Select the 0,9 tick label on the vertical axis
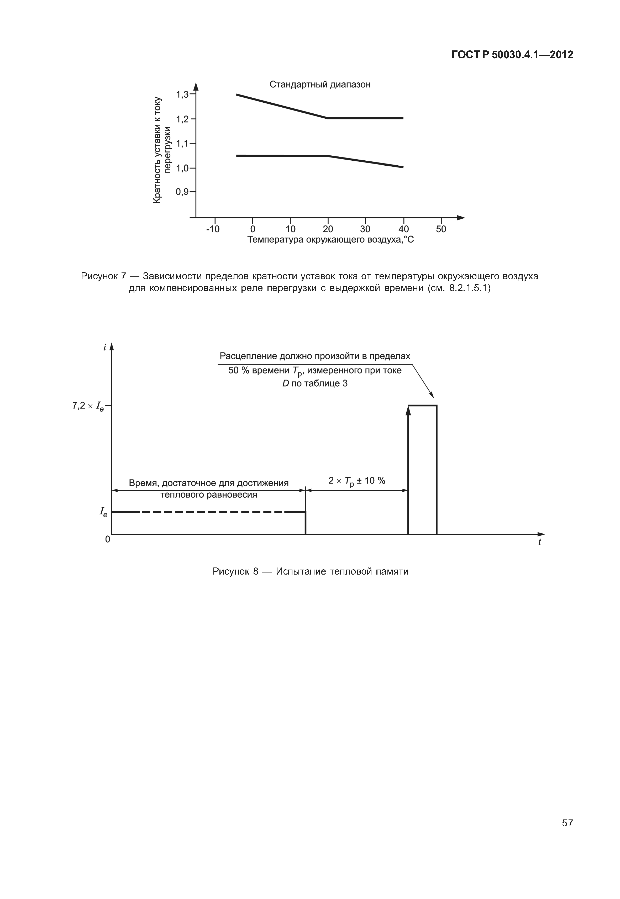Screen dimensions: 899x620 click(x=182, y=192)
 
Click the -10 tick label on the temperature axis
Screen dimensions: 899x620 click(x=213, y=229)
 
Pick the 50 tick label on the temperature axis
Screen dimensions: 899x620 click(x=441, y=229)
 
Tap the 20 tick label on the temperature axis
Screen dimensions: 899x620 click(x=328, y=229)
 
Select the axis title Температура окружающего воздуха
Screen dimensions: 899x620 click(x=330, y=240)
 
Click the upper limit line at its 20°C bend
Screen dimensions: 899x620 click(x=328, y=118)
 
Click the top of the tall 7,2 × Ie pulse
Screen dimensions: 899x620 click(x=422, y=406)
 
